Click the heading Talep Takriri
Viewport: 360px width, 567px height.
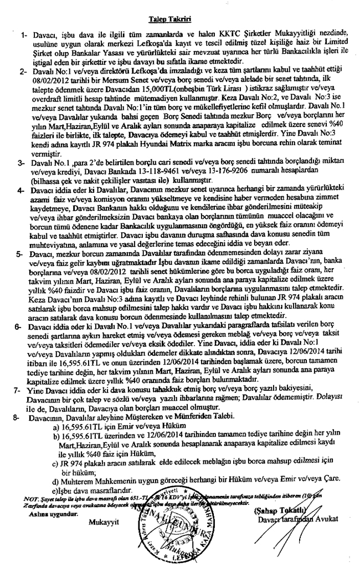170,21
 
